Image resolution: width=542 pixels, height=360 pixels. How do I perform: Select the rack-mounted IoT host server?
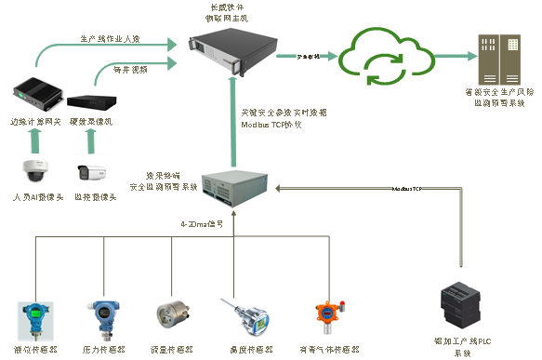[x=231, y=52]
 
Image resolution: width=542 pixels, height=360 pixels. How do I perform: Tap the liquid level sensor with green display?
[x=35, y=316]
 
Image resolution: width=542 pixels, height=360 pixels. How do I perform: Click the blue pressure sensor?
[x=103, y=316]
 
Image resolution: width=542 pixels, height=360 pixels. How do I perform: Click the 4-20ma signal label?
[x=202, y=224]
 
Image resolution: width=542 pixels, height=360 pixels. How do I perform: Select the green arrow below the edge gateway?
[x=35, y=139]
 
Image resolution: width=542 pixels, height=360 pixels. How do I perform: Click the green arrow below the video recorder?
[x=90, y=139]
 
